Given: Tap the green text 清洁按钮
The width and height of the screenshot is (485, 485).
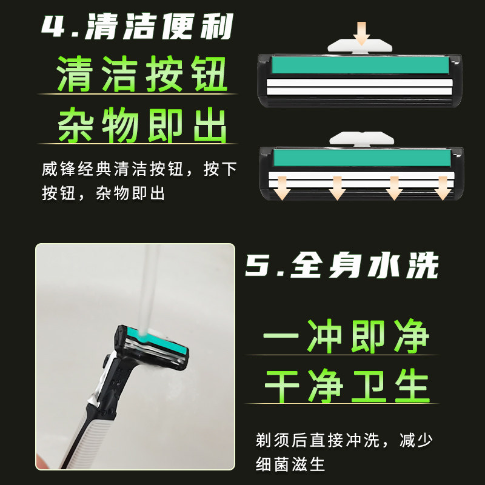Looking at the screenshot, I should [142, 75].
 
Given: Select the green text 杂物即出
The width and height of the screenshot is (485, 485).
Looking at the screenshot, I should [142, 125].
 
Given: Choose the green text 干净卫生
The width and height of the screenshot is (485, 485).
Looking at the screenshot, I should [347, 383].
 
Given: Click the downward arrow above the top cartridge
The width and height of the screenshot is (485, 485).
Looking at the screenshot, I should [363, 32].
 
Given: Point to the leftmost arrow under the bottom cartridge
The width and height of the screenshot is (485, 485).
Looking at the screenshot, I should [281, 189].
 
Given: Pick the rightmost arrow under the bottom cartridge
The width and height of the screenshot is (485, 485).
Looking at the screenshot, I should [443, 189].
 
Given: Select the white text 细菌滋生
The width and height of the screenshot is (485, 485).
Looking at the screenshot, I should [290, 465].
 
